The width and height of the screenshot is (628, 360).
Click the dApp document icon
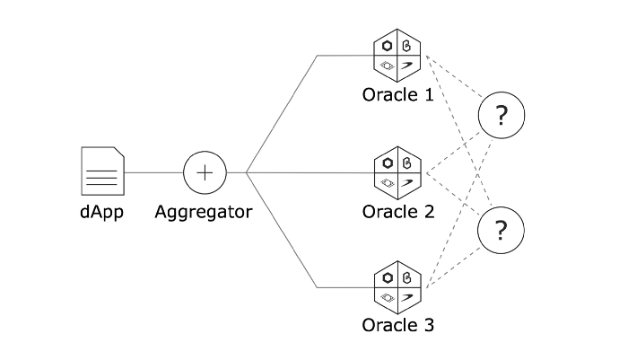pos(102,171)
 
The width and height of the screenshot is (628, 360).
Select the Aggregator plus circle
pos(205,171)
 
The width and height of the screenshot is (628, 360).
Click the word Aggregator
pos(204,213)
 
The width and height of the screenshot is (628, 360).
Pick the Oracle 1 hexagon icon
pos(397,56)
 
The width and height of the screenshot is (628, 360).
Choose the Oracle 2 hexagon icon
pos(397,171)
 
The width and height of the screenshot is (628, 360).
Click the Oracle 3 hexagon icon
pos(397,287)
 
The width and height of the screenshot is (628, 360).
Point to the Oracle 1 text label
pos(398,94)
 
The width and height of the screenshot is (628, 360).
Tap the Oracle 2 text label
pos(398,212)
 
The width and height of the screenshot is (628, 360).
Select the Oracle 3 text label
pos(398,325)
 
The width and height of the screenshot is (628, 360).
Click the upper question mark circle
pos(502,115)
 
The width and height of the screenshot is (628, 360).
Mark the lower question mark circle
pos(502,230)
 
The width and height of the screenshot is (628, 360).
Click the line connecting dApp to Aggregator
pos(153,171)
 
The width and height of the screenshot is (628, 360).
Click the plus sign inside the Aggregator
pos(205,171)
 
